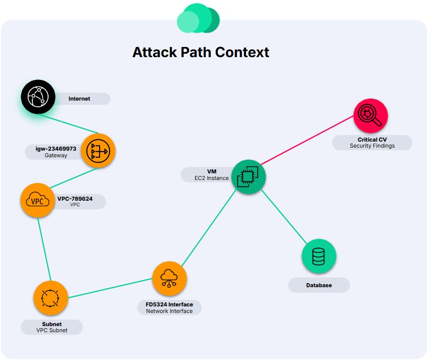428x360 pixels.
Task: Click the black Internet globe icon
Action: tap(38, 98)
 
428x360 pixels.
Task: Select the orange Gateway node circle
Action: tap(98, 151)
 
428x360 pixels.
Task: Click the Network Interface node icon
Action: tap(169, 279)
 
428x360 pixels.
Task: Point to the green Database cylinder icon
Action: tap(319, 256)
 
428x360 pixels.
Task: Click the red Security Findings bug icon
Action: tap(371, 115)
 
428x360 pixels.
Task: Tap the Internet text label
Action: tap(79, 99)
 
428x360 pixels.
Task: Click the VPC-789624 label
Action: tap(75, 199)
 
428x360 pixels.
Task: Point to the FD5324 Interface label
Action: tap(169, 304)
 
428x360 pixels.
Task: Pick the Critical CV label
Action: tap(372, 139)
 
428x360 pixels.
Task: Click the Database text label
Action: tap(319, 285)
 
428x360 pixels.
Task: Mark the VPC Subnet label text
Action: tap(52, 330)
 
